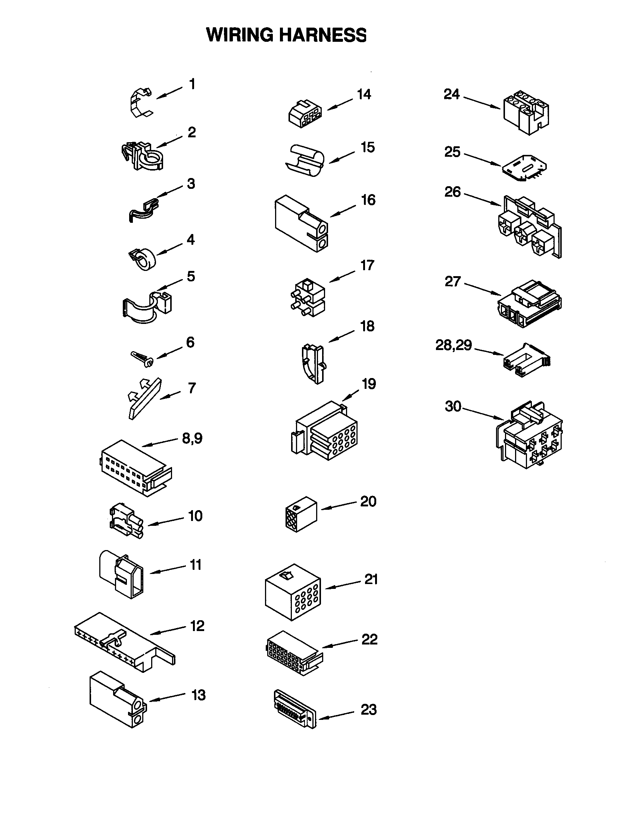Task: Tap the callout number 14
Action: pos(364,95)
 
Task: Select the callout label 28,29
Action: pos(453,345)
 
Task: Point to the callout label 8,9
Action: pos(192,438)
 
